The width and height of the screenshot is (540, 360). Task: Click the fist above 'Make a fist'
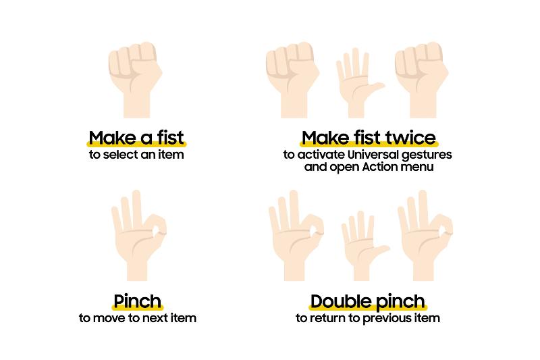(136, 79)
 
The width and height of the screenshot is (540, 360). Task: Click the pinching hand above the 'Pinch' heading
(139, 235)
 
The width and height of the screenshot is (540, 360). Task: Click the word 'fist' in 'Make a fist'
(171, 138)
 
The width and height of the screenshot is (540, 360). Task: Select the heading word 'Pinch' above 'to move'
(138, 302)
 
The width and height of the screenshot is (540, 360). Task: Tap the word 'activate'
(321, 155)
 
